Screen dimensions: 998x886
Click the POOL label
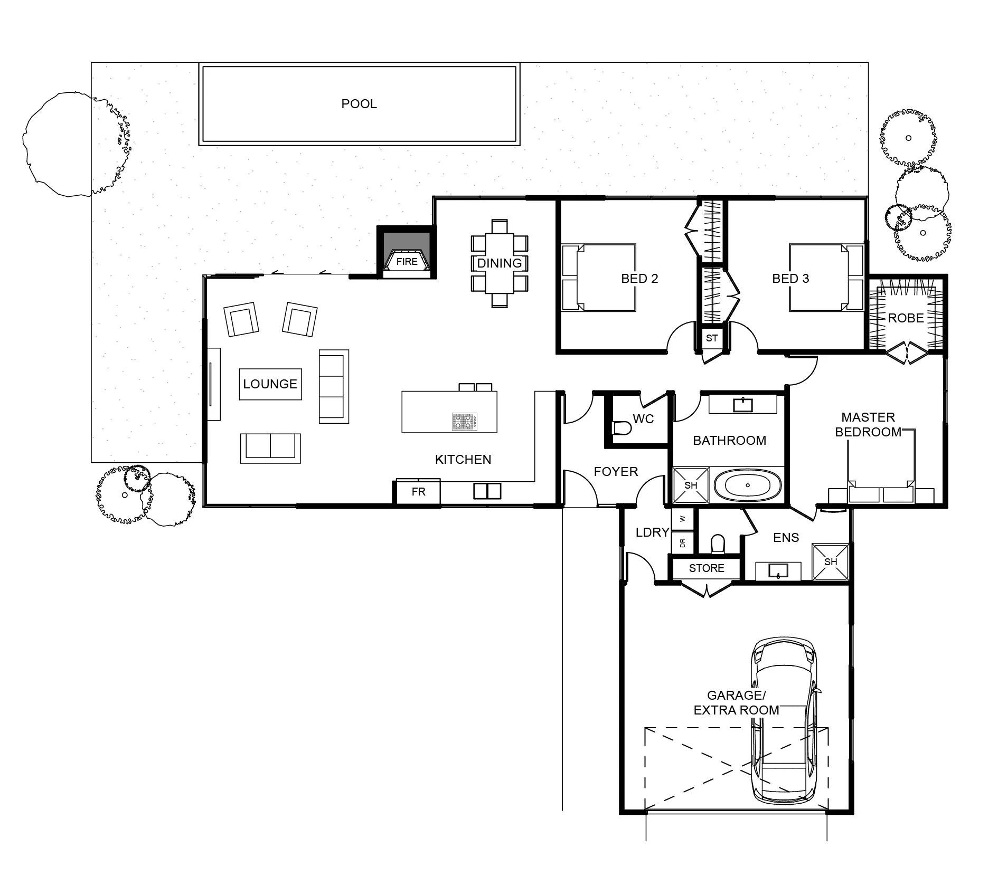(x=359, y=104)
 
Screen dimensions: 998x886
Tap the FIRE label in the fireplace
(x=407, y=261)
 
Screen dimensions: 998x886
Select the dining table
(x=499, y=263)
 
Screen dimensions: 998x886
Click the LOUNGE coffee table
(x=270, y=384)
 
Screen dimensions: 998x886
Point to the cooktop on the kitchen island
(x=465, y=421)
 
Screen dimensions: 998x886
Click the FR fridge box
(x=418, y=492)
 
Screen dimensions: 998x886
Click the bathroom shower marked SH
(x=691, y=485)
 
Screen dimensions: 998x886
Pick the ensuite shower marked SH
(x=831, y=561)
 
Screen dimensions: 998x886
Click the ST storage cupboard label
(x=712, y=338)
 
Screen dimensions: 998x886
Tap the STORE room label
(x=707, y=568)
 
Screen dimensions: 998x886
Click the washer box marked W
(x=682, y=519)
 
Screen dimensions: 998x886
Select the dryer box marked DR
(x=682, y=542)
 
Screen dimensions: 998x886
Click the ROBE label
(x=906, y=318)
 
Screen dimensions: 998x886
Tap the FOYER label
(x=616, y=472)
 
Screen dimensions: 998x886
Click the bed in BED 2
(x=598, y=278)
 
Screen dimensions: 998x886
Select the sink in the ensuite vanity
(x=778, y=571)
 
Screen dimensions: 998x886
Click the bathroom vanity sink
(x=743, y=405)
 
